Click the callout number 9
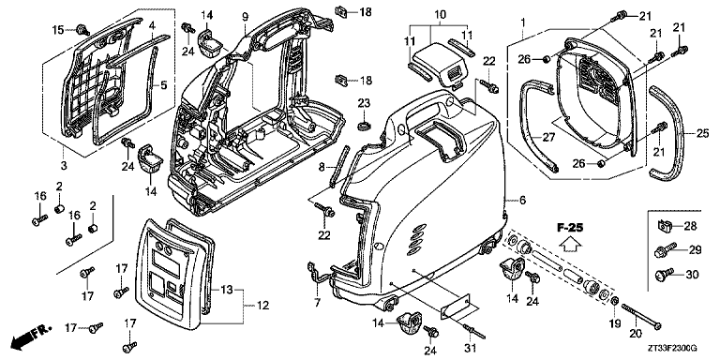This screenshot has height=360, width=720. coord(245,17)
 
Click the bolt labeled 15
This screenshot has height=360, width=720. coord(84,29)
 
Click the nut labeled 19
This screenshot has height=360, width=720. coord(613,301)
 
